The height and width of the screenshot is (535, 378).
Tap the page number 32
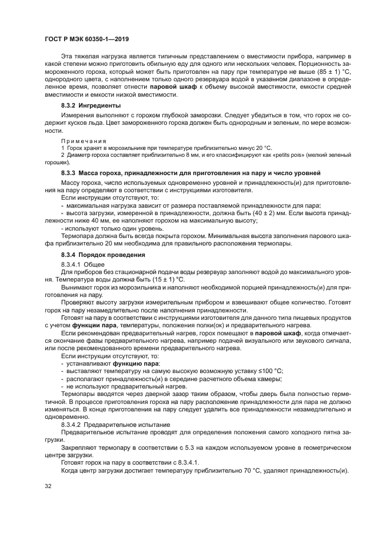[49, 486]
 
